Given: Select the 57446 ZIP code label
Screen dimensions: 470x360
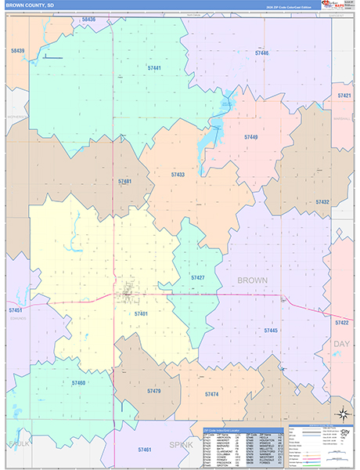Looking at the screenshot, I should pyautogui.click(x=261, y=52).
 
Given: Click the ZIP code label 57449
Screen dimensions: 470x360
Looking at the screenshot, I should pyautogui.click(x=250, y=137).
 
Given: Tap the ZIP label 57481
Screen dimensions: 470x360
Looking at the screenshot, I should pyautogui.click(x=125, y=181).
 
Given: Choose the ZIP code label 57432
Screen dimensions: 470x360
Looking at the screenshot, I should pyautogui.click(x=322, y=201).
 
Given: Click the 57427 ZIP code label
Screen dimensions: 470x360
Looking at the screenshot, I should pyautogui.click(x=198, y=277).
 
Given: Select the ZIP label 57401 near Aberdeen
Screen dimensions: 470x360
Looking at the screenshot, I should pyautogui.click(x=140, y=313).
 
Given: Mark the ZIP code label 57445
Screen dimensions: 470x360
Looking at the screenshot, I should pyautogui.click(x=271, y=331).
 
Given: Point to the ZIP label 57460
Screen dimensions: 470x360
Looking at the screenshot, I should pyautogui.click(x=78, y=383).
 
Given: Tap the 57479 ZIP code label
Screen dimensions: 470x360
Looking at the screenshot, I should pyautogui.click(x=153, y=390).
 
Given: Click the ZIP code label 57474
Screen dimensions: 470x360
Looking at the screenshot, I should pyautogui.click(x=211, y=394).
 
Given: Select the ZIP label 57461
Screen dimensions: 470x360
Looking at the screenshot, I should pyautogui.click(x=144, y=450).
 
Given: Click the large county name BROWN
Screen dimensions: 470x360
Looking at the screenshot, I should pyautogui.click(x=252, y=280).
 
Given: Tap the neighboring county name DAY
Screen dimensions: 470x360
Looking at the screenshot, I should pyautogui.click(x=341, y=344).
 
